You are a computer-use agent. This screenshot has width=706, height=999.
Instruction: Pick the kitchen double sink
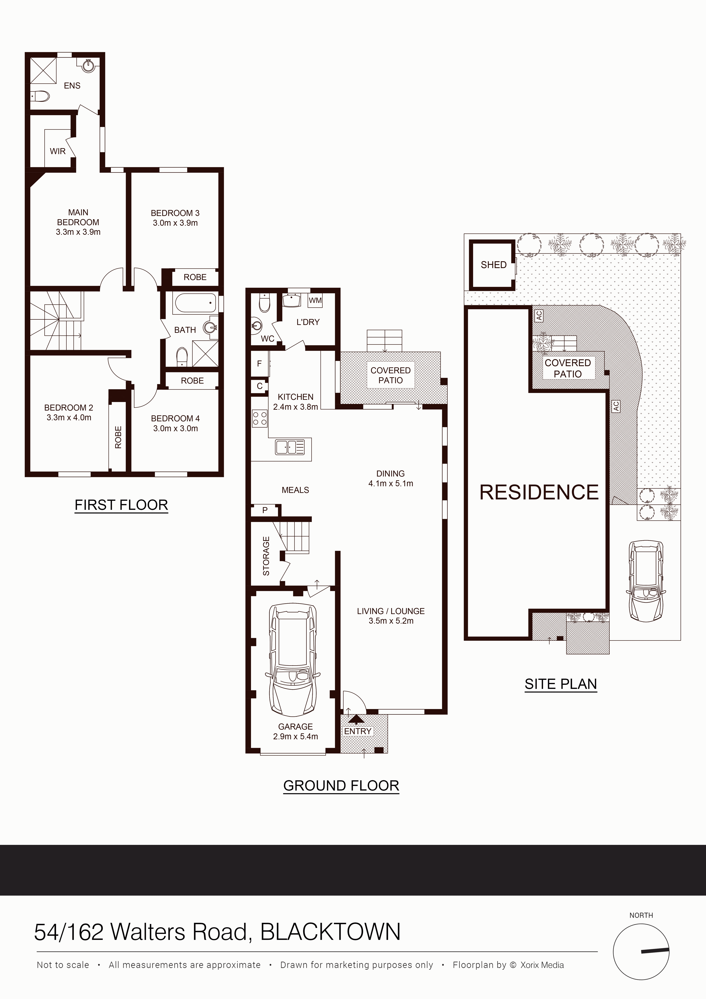point(290,447)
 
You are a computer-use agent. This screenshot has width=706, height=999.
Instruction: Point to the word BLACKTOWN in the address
point(330,932)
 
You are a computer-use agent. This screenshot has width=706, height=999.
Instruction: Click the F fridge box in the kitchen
point(260,363)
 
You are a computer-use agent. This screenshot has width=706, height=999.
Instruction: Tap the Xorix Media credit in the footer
point(542,965)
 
